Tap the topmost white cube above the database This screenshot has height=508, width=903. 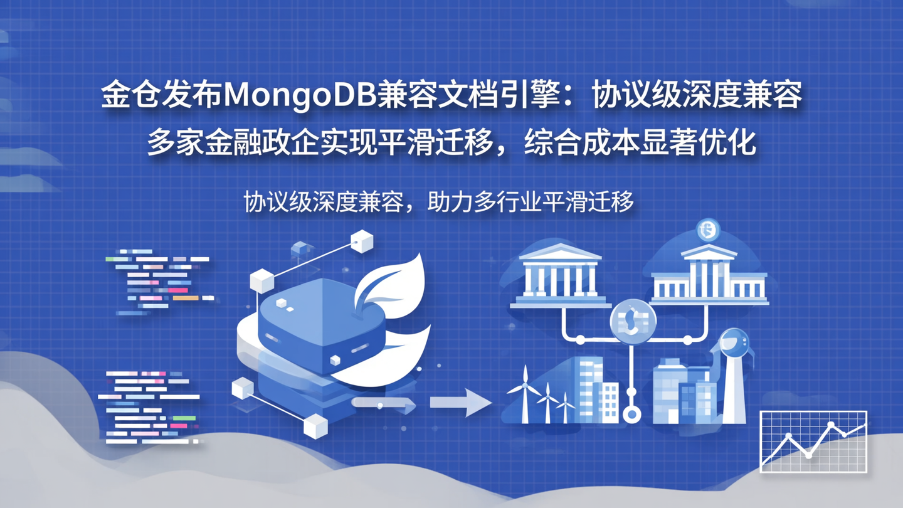362,241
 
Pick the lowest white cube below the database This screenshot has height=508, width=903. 315,426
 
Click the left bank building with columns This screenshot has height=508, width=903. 560,276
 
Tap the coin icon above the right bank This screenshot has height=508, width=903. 708,230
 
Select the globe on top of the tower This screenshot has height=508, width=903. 734,342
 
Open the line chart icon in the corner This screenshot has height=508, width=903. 813,441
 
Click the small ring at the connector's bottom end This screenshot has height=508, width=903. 632,415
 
